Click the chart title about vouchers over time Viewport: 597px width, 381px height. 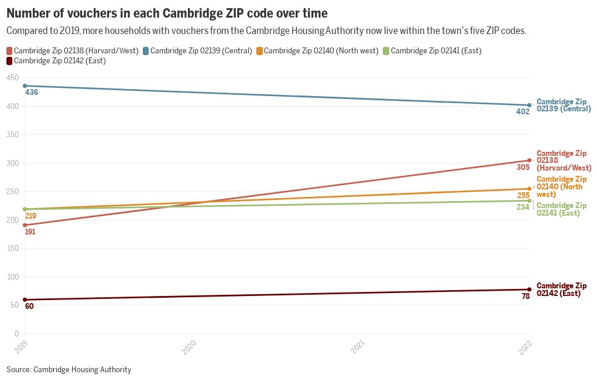tap(167, 12)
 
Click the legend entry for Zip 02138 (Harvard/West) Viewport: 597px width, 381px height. tap(73, 51)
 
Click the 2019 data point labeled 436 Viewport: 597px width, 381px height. tap(25, 86)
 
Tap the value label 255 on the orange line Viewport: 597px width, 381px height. tap(523, 195)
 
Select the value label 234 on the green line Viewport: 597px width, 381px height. tap(523, 207)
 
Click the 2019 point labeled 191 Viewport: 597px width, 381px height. tap(25, 225)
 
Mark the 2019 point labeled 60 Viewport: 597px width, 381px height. tap(25, 300)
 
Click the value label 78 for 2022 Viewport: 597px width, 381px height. tap(526, 297)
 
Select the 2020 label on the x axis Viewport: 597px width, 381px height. tap(190, 348)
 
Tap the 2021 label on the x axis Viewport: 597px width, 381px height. tap(358, 348)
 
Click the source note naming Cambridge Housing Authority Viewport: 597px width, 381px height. tap(68, 370)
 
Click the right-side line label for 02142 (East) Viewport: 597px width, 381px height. tap(561, 290)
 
